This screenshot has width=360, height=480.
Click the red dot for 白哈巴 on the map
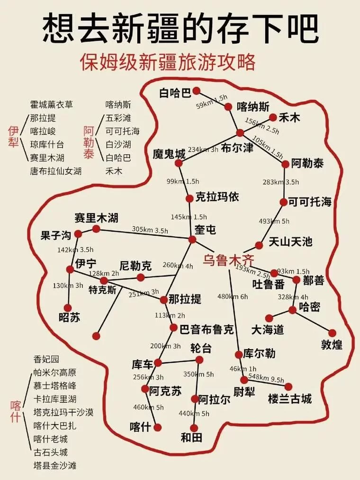(196, 90)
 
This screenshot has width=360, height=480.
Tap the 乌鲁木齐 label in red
(228, 260)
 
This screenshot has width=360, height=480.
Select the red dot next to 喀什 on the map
(158, 427)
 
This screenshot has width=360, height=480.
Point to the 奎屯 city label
(205, 230)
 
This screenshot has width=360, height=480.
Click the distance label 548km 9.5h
(267, 378)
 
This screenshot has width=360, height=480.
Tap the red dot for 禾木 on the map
(273, 117)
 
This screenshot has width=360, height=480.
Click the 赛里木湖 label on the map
(96, 218)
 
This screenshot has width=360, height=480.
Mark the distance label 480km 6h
(233, 297)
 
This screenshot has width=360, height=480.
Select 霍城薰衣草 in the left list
(52, 105)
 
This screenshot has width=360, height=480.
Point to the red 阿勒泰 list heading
(89, 142)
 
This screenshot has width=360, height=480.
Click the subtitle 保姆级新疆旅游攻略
(168, 62)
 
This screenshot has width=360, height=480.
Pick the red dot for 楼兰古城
(288, 387)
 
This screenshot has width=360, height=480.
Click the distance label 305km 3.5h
(150, 230)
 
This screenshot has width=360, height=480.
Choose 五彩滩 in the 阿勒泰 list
(118, 118)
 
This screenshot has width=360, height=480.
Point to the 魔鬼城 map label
(169, 154)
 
